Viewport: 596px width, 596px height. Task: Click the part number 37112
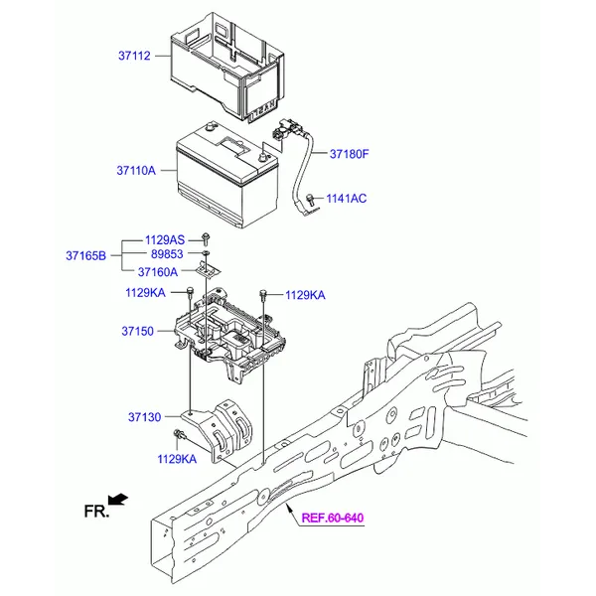coord(134,56)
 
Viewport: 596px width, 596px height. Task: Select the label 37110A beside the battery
coord(136,171)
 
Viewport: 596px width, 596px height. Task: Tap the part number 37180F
coord(350,154)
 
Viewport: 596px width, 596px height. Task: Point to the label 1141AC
coord(347,199)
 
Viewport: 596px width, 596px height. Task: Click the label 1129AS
coord(165,240)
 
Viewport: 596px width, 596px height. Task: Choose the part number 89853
coord(167,254)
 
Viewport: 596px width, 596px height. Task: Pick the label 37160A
coord(158,272)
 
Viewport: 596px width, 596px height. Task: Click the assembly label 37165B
coord(85,256)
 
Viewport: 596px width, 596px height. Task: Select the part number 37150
coord(138,331)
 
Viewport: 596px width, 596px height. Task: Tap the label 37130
coord(144,417)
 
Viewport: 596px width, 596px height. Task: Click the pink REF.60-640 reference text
coord(333,518)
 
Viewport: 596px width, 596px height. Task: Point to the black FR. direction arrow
coord(118,499)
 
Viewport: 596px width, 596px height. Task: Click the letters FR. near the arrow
coord(96,512)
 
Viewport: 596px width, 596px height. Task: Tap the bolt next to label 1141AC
coord(310,200)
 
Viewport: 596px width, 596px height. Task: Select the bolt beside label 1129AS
coord(206,238)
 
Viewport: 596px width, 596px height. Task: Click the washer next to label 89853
coord(206,253)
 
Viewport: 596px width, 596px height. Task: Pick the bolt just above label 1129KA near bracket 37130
coord(178,434)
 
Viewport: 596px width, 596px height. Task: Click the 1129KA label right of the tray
coord(305,295)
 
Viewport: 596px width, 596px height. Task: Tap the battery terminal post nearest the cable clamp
coord(262,156)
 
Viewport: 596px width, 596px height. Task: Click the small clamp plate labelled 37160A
coord(208,269)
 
